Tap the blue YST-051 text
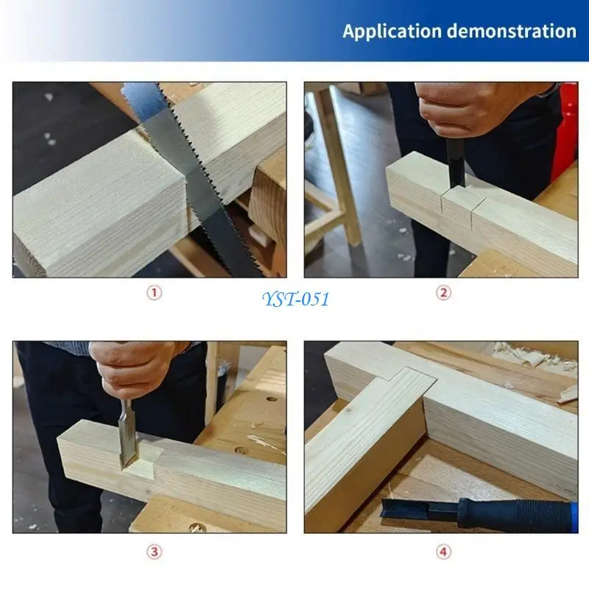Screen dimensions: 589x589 tap(294, 299)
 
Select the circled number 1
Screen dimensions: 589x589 tap(153, 292)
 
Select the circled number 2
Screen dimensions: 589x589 tap(443, 292)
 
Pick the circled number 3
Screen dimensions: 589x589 tap(153, 551)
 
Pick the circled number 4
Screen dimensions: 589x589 tap(443, 551)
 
